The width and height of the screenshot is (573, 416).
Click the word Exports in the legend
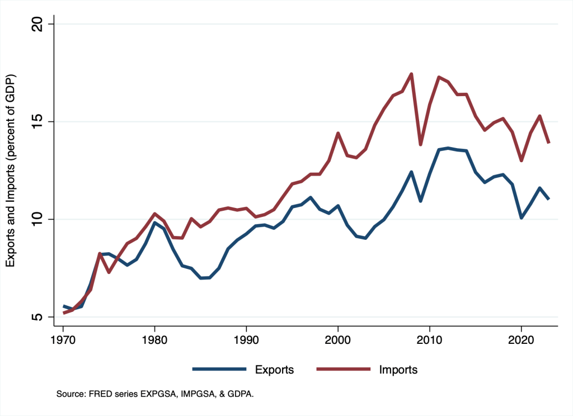pos(274,370)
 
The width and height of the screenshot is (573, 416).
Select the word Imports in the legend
pos(398,370)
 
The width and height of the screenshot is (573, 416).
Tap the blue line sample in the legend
pos(219,369)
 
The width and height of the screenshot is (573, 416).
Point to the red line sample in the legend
pos(344,369)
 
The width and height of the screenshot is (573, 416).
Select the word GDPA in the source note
pos(238,394)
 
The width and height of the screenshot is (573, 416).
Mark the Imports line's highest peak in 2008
pos(411,74)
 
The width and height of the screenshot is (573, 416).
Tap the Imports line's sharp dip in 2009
pos(421,144)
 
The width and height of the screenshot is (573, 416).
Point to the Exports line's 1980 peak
pos(154,223)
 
